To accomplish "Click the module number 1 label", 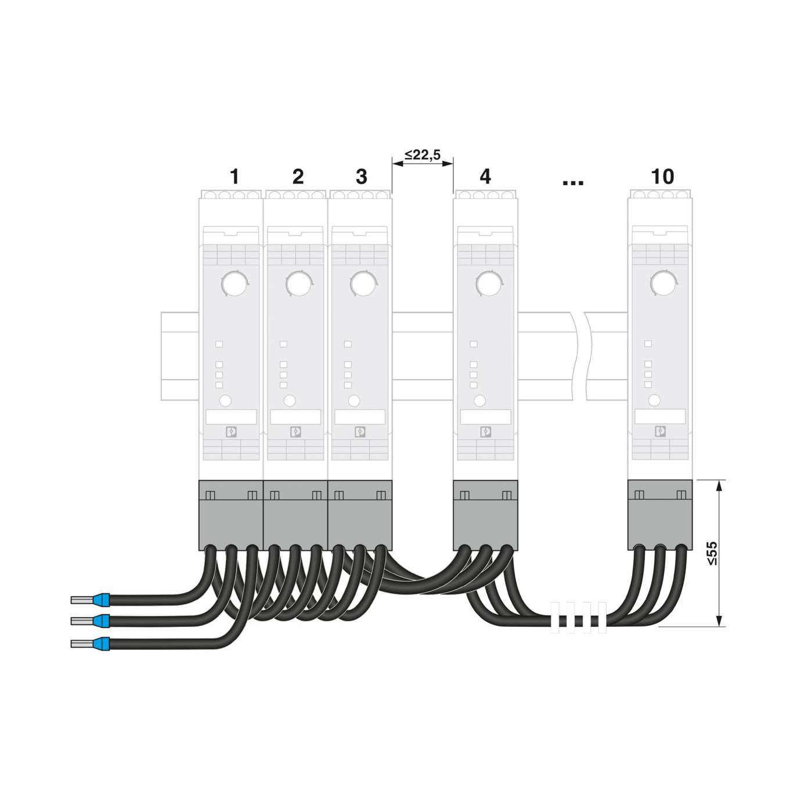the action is (x=235, y=176).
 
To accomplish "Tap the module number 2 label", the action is (x=298, y=176).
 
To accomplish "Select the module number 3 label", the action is (x=362, y=176).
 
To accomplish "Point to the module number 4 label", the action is (x=485, y=176).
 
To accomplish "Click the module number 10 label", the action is (x=662, y=176).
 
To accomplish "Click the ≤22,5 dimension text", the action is (x=422, y=154).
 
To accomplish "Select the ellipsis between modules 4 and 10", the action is (x=574, y=182).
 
